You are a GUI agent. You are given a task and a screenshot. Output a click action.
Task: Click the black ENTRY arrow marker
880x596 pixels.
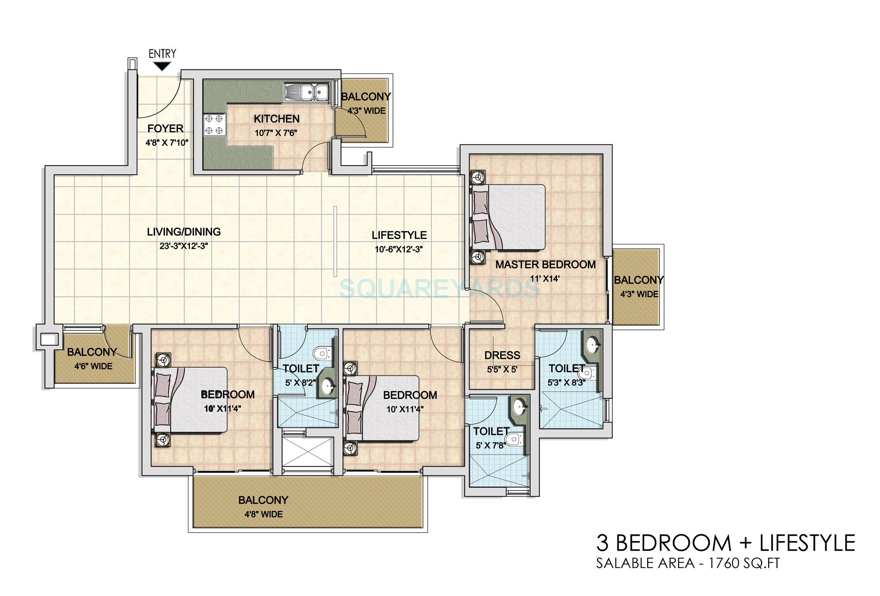pyautogui.click(x=162, y=66)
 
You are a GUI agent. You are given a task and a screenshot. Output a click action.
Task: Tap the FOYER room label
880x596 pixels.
pyautogui.click(x=165, y=129)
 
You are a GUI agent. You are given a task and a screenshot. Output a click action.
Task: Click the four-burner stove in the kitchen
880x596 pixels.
pyautogui.click(x=214, y=124)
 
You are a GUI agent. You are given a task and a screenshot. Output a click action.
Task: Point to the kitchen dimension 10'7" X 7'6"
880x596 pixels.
pyautogui.click(x=276, y=132)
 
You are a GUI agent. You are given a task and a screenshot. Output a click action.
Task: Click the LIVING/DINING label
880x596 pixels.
pyautogui.click(x=184, y=232)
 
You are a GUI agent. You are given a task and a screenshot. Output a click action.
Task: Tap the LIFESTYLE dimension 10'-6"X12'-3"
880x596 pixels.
pyautogui.click(x=399, y=249)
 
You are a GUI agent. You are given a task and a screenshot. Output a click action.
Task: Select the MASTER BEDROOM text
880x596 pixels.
pyautogui.click(x=545, y=265)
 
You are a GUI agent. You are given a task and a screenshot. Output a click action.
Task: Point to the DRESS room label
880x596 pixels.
pyautogui.click(x=502, y=355)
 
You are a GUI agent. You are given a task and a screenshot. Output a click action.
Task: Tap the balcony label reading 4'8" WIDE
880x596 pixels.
pyautogui.click(x=263, y=514)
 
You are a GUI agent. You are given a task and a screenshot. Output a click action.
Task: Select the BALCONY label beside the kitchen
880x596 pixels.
pyautogui.click(x=366, y=97)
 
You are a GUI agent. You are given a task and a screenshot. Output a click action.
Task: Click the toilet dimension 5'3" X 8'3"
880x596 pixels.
pyautogui.click(x=566, y=383)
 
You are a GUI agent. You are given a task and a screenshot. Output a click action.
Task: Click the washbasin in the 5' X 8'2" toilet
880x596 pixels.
pyautogui.click(x=328, y=387)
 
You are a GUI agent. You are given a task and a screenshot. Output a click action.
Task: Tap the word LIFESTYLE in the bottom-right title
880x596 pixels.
pyautogui.click(x=807, y=543)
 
